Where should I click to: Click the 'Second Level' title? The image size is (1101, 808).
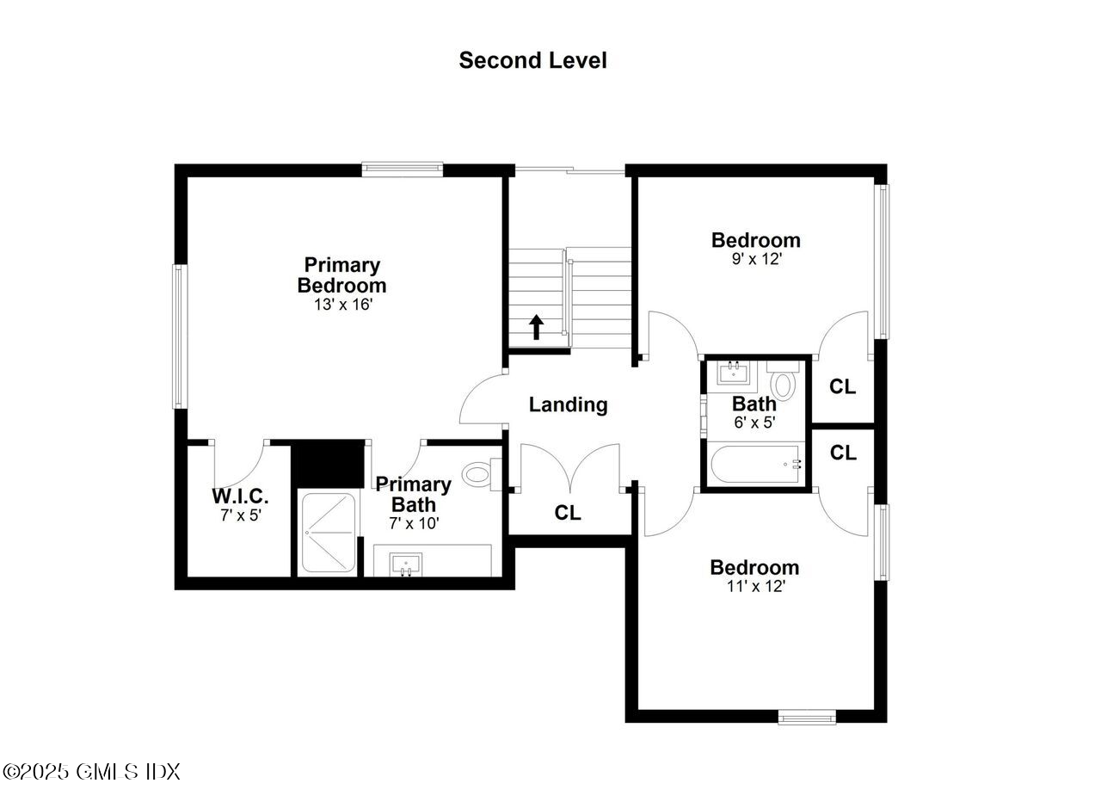coord(532,60)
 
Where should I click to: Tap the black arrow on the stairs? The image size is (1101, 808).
coord(536,327)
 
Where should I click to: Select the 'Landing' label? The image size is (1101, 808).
coord(568,404)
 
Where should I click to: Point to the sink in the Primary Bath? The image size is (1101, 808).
coord(405,565)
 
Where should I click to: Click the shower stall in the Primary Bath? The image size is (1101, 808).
coord(327,532)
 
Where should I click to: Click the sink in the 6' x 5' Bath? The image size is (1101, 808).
coord(734,373)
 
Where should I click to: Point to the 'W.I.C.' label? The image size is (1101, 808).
coord(240,497)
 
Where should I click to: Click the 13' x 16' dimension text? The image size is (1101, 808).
coord(342,305)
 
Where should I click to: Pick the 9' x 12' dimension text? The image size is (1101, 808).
coord(756,259)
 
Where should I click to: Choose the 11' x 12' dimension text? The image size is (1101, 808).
coord(754,586)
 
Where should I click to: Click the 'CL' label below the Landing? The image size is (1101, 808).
coord(567,513)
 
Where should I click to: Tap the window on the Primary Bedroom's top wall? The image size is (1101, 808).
coord(402,170)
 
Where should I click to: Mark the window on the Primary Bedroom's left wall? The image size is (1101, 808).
coord(180,336)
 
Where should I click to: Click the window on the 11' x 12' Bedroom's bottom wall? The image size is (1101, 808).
coord(807,716)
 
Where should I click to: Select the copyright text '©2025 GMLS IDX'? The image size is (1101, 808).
coord(91,771)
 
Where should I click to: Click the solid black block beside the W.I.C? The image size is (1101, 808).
coord(328,464)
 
